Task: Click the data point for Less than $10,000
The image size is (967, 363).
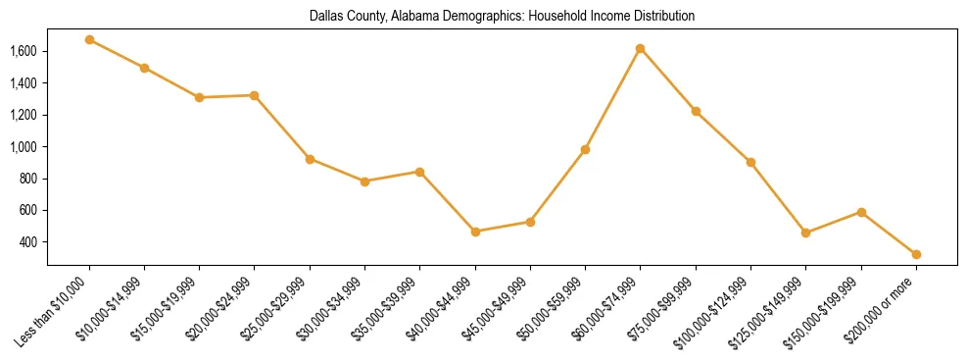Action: click(x=89, y=40)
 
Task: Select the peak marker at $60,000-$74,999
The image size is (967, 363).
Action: click(x=640, y=48)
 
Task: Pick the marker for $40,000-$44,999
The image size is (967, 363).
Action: click(x=475, y=232)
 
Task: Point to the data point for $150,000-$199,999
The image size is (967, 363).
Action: click(x=861, y=212)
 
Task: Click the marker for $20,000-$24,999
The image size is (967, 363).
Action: click(x=255, y=95)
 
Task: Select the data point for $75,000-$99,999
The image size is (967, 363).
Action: click(x=696, y=111)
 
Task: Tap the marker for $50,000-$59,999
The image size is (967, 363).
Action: click(x=585, y=149)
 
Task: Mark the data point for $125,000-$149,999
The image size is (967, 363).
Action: click(x=805, y=233)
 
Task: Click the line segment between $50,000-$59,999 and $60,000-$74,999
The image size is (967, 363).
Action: click(x=612, y=99)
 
